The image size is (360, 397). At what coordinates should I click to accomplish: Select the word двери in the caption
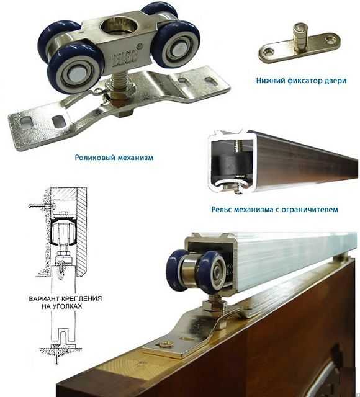(x=335, y=81)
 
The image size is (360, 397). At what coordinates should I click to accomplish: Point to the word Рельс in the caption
(x=222, y=210)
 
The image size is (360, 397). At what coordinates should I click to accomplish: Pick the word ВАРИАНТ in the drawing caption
(x=42, y=298)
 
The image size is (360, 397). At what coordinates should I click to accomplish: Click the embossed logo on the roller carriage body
(x=124, y=58)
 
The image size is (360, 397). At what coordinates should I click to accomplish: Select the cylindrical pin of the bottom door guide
(x=301, y=37)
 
